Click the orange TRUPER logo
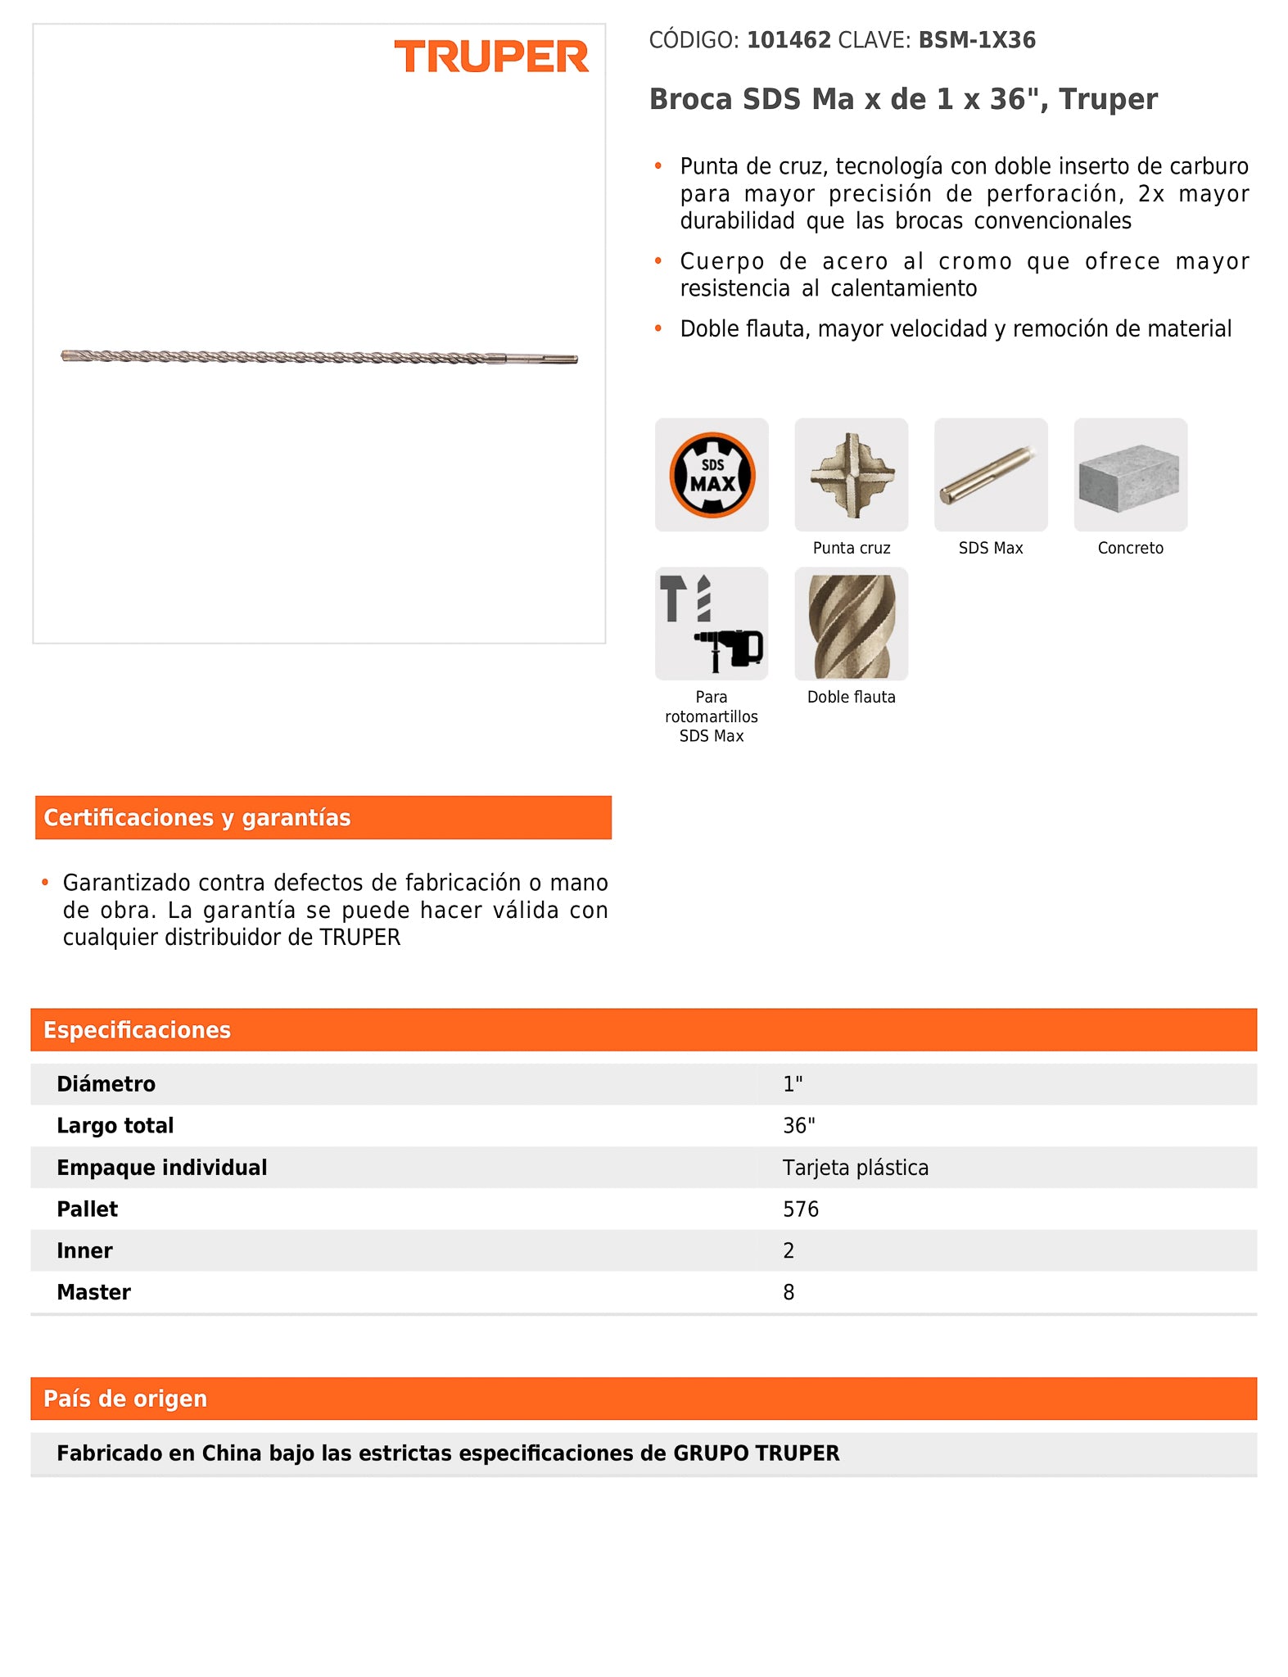click(491, 57)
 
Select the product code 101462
click(789, 40)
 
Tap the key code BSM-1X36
click(977, 40)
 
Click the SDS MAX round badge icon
click(712, 475)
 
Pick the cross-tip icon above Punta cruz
click(851, 475)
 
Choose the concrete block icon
click(1130, 475)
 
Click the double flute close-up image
click(851, 624)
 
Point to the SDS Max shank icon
click(991, 475)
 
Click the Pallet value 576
click(800, 1209)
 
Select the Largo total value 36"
click(798, 1126)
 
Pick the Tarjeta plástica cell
click(855, 1168)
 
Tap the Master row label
click(93, 1292)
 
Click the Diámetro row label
click(106, 1084)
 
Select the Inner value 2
click(789, 1251)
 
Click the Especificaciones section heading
click(137, 1030)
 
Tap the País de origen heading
click(125, 1399)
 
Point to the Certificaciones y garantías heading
click(197, 817)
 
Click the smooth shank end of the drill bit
click(544, 359)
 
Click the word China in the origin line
click(231, 1453)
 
